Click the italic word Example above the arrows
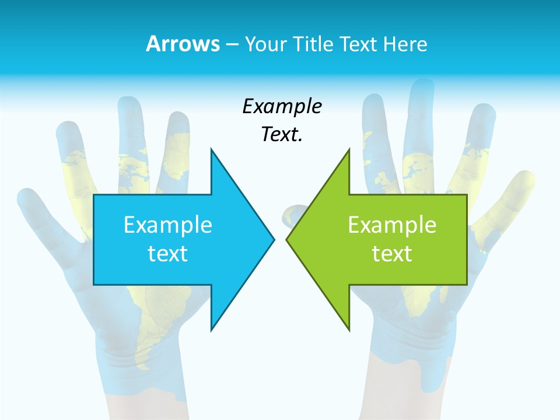coord(282,107)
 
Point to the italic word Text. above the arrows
coord(282,134)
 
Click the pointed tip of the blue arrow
coord(274,239)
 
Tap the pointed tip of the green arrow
coord(286,239)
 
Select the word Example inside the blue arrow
coord(168,225)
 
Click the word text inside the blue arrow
coord(168,254)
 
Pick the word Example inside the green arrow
coord(392,225)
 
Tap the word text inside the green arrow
coord(392,254)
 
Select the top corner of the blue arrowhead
coord(211,149)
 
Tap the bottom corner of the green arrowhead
coord(349,330)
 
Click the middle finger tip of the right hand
coord(421,87)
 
